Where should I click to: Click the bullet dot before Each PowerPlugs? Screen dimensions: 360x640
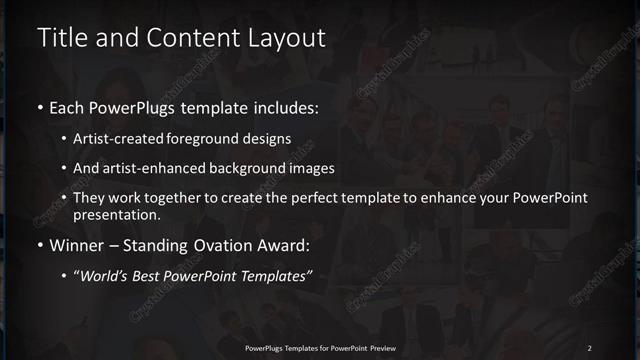tap(39, 106)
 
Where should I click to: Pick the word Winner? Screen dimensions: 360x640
tap(80, 244)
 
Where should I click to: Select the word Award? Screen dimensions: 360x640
tap(288, 244)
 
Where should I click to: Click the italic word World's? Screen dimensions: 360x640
tap(105, 274)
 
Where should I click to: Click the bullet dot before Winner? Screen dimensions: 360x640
tap(39, 245)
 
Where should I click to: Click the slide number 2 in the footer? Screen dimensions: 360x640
tap(589, 347)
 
